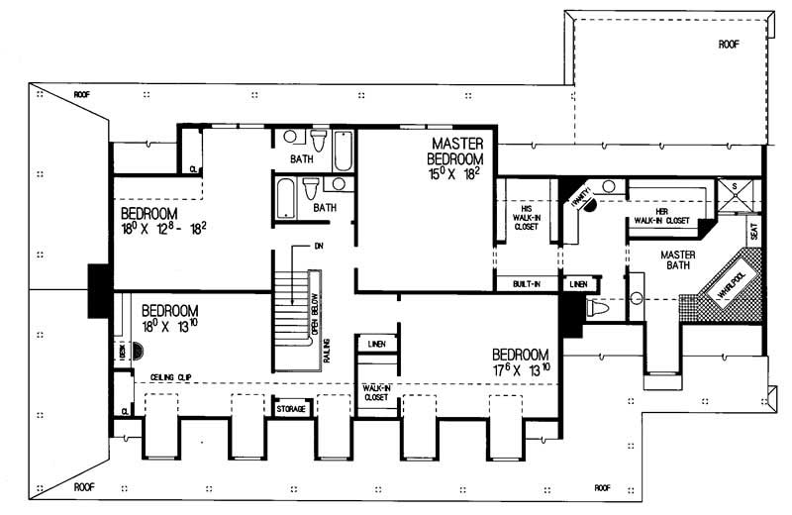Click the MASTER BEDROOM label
(x=455, y=151)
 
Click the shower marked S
(x=746, y=195)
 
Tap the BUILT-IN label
(x=526, y=284)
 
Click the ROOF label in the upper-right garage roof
(x=729, y=44)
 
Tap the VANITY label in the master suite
(x=580, y=196)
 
